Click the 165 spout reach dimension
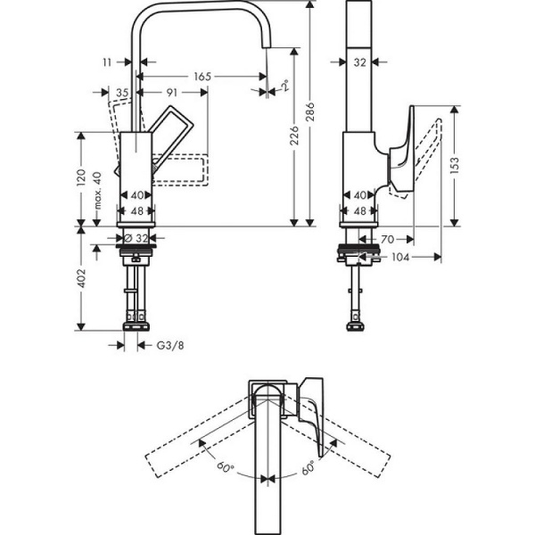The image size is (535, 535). tap(202, 78)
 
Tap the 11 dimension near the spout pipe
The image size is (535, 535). tap(108, 63)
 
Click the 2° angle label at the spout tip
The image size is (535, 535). tap(284, 86)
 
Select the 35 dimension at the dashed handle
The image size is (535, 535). tap(122, 92)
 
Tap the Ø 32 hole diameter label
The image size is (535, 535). tap(136, 238)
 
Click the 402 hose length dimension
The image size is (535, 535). tap(80, 278)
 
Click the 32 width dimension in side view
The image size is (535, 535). tap(359, 62)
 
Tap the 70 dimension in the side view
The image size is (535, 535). tap(388, 239)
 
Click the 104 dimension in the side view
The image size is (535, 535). tap(399, 257)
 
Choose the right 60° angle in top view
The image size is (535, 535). tap(308, 465)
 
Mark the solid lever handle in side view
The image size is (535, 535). tap(403, 152)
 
